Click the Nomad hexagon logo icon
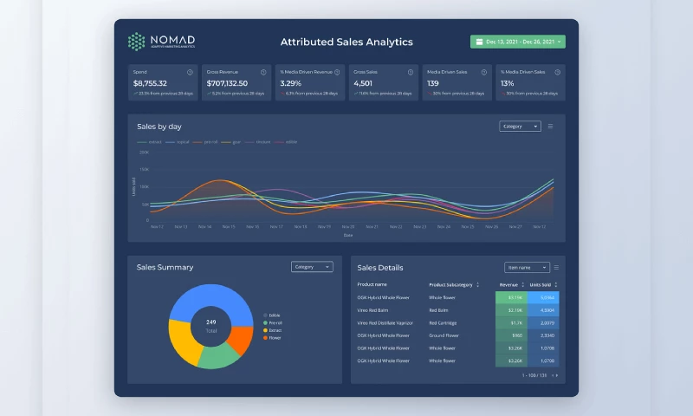[x=136, y=42]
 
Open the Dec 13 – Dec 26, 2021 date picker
[x=517, y=42]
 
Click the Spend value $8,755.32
[x=149, y=83]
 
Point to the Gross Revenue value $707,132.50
[x=227, y=83]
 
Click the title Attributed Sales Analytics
[x=346, y=42]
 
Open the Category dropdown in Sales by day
[x=520, y=127]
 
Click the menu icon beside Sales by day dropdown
[x=550, y=127]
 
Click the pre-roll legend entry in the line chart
[x=208, y=141]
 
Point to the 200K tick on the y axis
[x=144, y=153]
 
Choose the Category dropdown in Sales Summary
[x=312, y=267]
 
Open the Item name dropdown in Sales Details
[x=527, y=268]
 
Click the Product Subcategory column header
[x=450, y=284]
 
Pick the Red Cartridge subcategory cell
[x=444, y=322]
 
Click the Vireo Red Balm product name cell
[x=373, y=309]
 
